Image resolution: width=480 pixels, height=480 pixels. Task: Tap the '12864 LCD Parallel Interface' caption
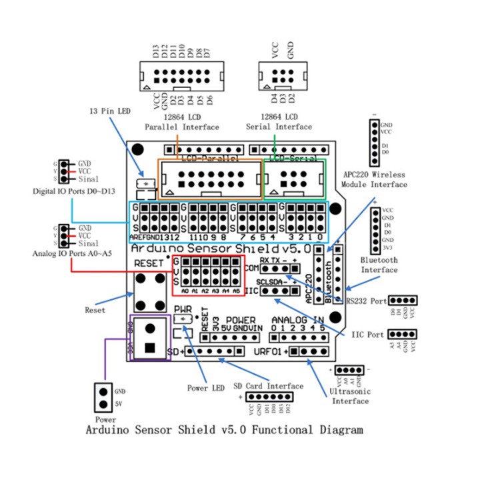[181, 122]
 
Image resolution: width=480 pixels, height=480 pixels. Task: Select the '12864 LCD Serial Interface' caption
[279, 122]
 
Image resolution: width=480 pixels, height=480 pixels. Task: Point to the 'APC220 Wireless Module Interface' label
[374, 178]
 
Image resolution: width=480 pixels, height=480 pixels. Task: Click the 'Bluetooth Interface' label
[379, 265]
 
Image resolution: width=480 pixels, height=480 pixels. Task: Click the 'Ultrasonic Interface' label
[350, 396]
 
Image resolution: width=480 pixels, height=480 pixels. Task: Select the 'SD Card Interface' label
[269, 385]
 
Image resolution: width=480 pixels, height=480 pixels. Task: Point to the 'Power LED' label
[205, 389]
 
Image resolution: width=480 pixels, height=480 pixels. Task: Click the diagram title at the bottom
[225, 430]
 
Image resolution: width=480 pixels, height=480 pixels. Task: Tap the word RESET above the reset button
[149, 263]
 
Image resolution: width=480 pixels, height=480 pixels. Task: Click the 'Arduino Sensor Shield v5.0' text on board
[221, 248]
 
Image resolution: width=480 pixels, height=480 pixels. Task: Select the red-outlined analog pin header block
[208, 275]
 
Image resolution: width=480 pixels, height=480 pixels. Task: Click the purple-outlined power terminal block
[150, 338]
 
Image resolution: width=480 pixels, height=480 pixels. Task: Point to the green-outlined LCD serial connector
[294, 178]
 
